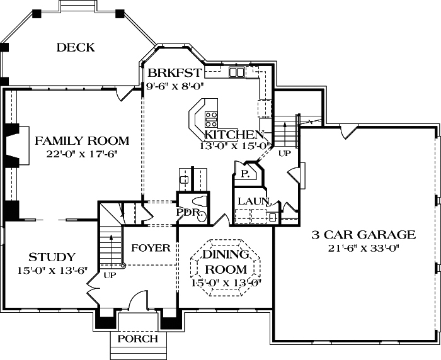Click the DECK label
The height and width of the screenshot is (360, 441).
click(x=75, y=47)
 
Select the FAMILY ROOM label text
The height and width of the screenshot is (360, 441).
click(x=82, y=141)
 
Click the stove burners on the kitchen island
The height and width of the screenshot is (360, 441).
click(x=211, y=117)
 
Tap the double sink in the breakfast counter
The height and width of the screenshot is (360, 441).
click(x=237, y=73)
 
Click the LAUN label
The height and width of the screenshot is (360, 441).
click(x=253, y=201)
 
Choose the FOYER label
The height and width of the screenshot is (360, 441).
click(x=151, y=248)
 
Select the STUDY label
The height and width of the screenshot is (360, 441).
click(x=52, y=257)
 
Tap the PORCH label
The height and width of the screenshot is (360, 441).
click(x=137, y=339)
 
